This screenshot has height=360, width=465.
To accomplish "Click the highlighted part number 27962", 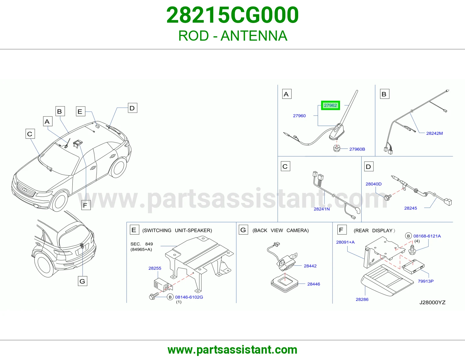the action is (x=330, y=105).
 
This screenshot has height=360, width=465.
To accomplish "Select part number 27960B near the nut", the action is (x=357, y=149).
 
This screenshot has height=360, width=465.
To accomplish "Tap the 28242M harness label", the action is (x=434, y=133).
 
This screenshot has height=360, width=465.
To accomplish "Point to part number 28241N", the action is (x=322, y=209).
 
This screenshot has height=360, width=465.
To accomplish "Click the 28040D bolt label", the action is (x=373, y=184).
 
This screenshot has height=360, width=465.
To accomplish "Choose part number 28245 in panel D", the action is (x=410, y=208).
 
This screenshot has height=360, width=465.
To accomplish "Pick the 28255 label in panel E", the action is (x=155, y=268).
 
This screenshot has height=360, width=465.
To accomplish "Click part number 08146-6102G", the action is (x=189, y=297).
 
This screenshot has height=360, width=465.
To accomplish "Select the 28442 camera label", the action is (x=310, y=266).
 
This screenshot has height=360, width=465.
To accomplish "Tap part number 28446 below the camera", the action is (x=314, y=284).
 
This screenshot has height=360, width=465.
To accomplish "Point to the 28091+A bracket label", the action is (x=345, y=242).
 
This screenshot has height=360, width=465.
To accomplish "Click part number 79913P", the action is (x=426, y=281).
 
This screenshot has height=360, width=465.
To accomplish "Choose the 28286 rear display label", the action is (x=362, y=300).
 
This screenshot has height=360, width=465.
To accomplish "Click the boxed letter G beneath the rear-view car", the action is (x=82, y=281).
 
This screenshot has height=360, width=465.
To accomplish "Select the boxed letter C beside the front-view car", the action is (x=30, y=134).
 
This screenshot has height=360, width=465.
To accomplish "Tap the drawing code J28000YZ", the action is (x=432, y=303).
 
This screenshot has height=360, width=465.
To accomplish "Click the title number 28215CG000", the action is (x=233, y=15).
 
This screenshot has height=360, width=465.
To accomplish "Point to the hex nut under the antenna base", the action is (x=337, y=148).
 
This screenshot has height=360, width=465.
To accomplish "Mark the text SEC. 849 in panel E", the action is (x=142, y=244).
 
